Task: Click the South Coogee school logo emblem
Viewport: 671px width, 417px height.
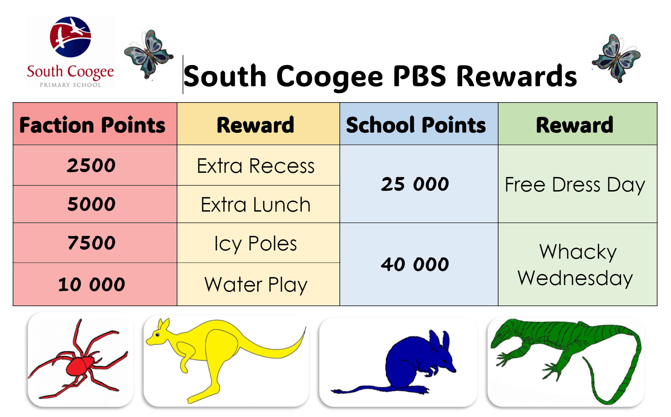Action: point(70,37)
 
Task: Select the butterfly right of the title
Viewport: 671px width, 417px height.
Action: point(616,58)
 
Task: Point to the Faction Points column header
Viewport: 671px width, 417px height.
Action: point(92,125)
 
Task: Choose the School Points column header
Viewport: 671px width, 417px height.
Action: point(416,125)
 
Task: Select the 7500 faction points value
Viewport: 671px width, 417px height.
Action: point(91,243)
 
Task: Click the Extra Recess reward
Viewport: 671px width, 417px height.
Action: point(256,166)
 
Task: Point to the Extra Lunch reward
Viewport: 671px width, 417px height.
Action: point(256,205)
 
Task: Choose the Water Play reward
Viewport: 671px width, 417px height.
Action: point(256,285)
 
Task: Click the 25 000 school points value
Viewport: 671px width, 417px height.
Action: point(415,184)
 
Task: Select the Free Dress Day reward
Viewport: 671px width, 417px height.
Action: point(575,185)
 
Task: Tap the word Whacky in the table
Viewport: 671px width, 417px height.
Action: point(578,252)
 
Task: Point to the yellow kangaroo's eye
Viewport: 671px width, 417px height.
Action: point(158,335)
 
